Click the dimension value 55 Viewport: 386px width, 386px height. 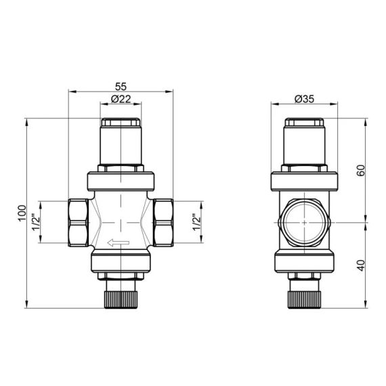121,87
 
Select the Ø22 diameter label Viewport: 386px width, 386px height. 121,100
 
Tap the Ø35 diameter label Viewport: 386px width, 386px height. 304,100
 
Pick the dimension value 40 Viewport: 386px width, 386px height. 361,265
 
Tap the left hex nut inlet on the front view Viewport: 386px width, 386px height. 79,222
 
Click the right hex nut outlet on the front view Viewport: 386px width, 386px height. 162,222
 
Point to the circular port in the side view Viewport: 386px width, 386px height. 304,222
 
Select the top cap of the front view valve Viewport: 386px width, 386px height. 121,125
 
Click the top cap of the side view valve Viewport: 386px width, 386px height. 304,125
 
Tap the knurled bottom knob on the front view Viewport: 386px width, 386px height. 121,297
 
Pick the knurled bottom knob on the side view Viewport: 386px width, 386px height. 304,297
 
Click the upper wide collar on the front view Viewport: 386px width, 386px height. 121,181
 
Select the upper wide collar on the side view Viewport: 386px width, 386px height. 304,181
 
